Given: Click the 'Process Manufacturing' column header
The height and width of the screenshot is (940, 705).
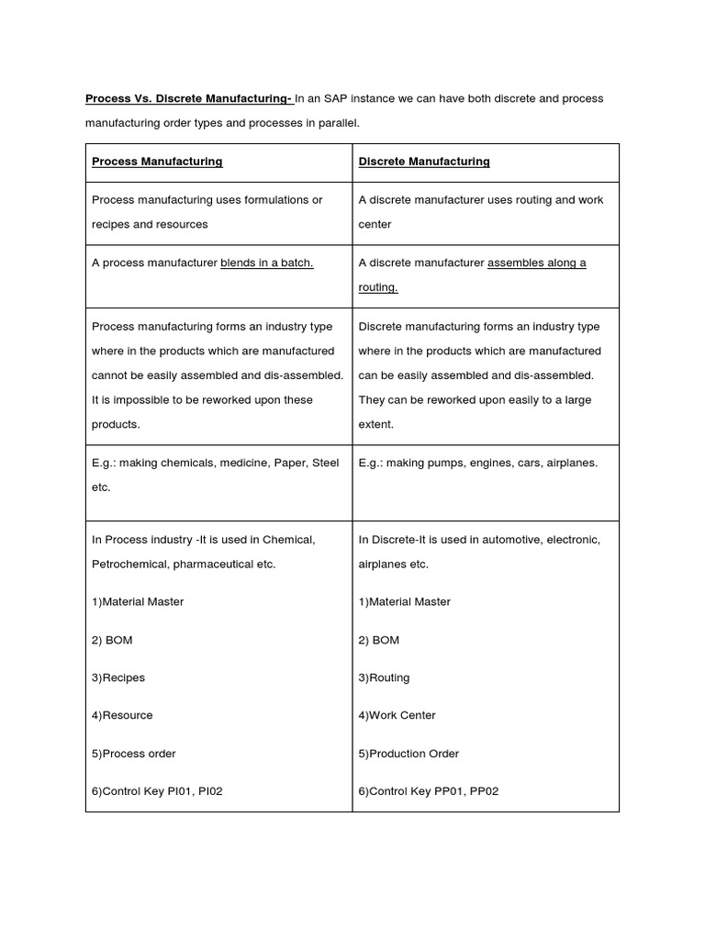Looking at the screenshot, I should (x=157, y=162).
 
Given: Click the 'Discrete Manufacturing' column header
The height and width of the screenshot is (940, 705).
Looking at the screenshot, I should (x=424, y=162).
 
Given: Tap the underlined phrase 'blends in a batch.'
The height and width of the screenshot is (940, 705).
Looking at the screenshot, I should (x=267, y=263).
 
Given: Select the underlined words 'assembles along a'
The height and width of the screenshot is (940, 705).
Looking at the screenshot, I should (x=536, y=263).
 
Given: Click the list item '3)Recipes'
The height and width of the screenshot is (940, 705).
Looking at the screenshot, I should (x=118, y=677).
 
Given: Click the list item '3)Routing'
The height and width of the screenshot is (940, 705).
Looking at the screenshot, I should (x=384, y=677).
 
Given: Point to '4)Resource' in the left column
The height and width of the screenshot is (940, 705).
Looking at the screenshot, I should (x=122, y=715).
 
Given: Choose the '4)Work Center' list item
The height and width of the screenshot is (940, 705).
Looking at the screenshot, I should (x=397, y=715).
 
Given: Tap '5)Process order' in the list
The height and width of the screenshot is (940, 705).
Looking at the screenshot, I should (x=133, y=754).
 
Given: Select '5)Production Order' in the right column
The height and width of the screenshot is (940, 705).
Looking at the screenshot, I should (x=408, y=754).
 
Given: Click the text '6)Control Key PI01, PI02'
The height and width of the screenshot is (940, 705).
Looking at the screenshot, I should (x=157, y=791).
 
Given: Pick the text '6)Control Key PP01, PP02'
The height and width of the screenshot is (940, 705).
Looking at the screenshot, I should (x=428, y=791).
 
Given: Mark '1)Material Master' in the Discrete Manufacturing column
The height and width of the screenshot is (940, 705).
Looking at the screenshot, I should (x=404, y=602).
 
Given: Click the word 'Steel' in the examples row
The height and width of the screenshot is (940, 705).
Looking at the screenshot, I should (x=325, y=463).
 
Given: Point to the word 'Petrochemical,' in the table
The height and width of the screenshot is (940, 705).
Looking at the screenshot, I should (x=128, y=565).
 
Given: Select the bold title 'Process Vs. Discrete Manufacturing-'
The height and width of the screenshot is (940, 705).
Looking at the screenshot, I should (x=188, y=99).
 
